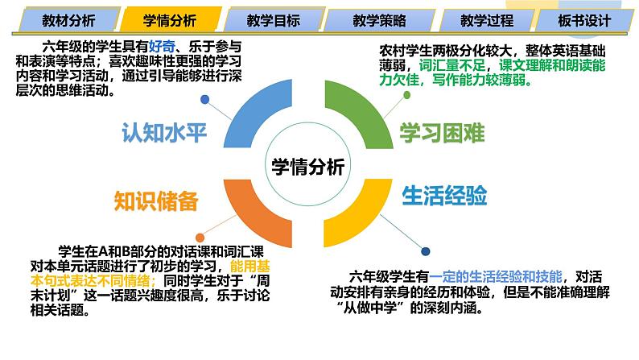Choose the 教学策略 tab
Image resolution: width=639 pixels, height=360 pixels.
tap(377, 20)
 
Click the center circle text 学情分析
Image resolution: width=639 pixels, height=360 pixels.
tap(308, 167)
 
